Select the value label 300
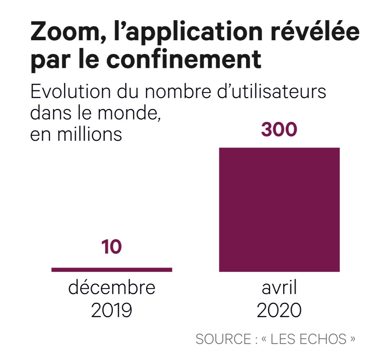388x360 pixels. click(279, 130)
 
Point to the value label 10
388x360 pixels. click(111, 247)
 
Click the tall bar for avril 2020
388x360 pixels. click(279, 210)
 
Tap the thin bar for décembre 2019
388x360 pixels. click(112, 270)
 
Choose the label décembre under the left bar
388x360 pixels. click(112, 288)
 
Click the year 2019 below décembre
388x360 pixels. click(112, 310)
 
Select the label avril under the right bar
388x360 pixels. click(279, 288)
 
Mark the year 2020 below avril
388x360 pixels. click(279, 310)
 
